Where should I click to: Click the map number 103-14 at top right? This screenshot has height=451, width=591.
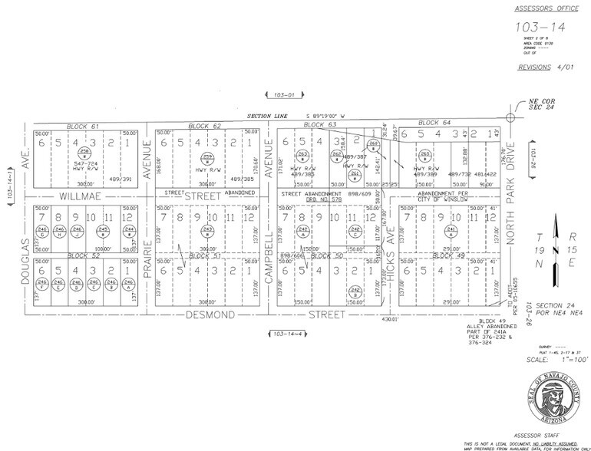tap(537, 27)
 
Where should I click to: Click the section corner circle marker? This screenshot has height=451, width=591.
tap(510, 117)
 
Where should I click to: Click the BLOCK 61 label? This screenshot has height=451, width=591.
tap(84, 125)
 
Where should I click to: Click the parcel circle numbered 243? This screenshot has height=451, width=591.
tap(206, 230)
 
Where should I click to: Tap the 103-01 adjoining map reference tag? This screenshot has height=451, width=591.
tap(278, 95)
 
